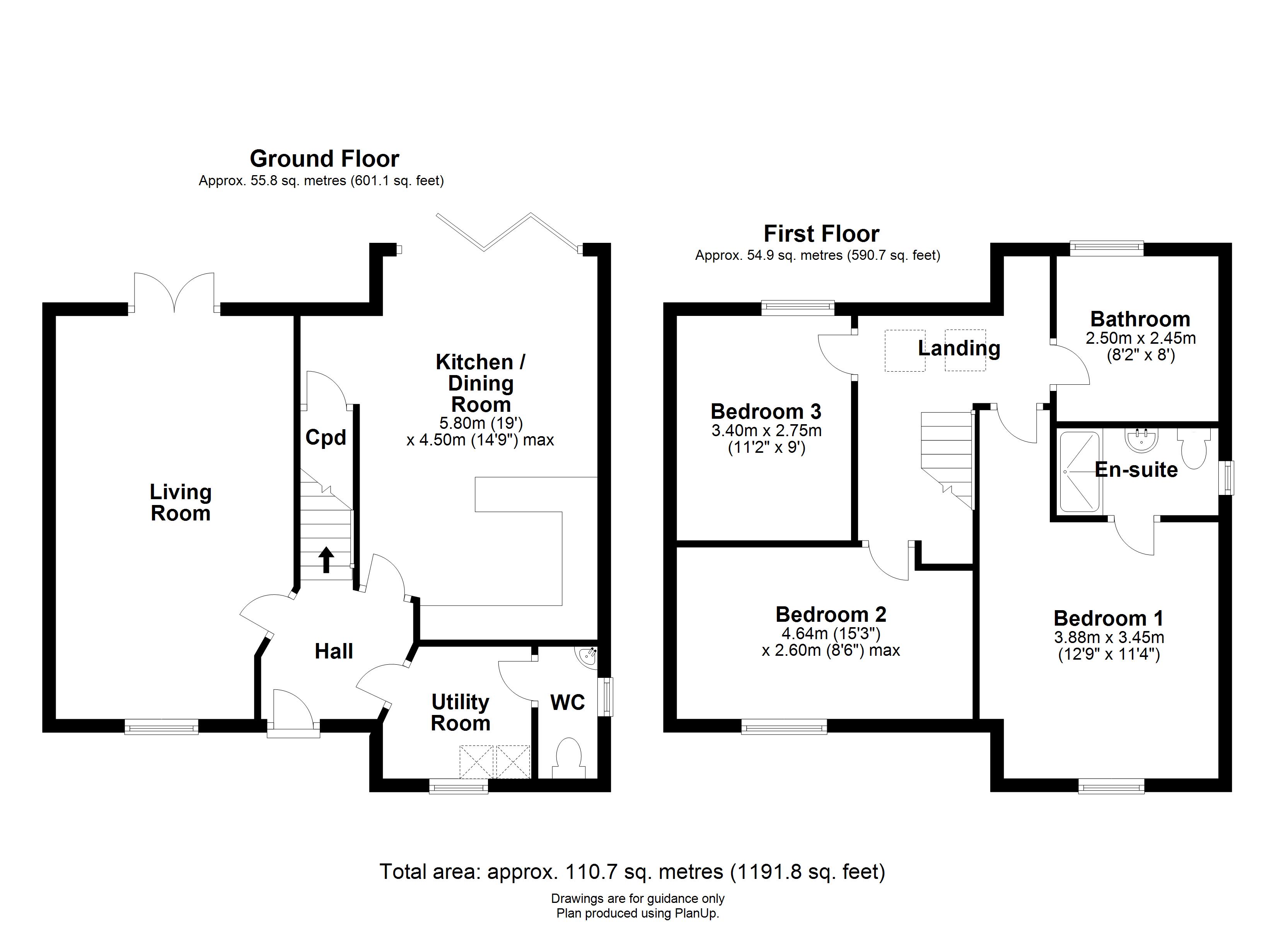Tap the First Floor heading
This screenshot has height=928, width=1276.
coord(821,234)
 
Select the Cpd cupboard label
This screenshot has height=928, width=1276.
coord(325,437)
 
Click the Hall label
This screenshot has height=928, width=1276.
coord(334,651)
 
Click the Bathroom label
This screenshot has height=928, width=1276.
coord(1140,319)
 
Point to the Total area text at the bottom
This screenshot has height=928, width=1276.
coord(632,872)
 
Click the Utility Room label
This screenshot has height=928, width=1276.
coord(460,713)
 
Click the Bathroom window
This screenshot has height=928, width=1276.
coord(1106,247)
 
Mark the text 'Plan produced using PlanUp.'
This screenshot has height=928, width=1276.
coord(638,913)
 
